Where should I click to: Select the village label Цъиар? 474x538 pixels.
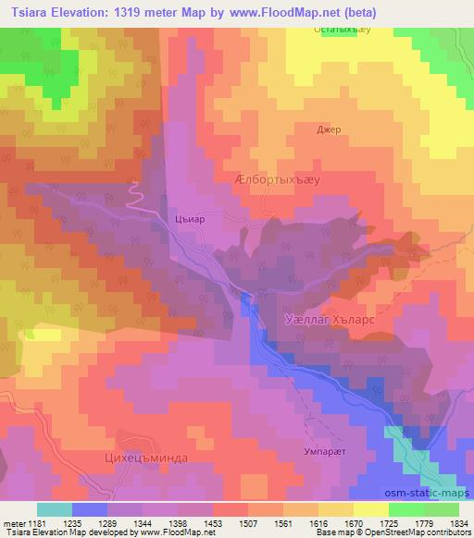189,219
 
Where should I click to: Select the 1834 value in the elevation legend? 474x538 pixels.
458,523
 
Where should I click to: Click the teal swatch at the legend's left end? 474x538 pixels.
55,509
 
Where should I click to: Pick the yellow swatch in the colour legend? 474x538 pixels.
370,509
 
